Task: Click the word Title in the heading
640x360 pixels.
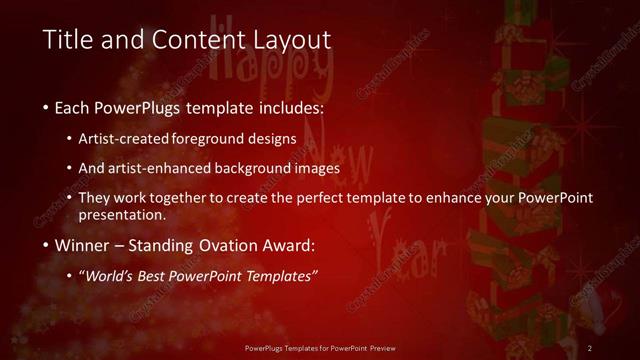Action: tap(69, 40)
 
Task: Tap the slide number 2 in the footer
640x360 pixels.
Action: tap(590, 347)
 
